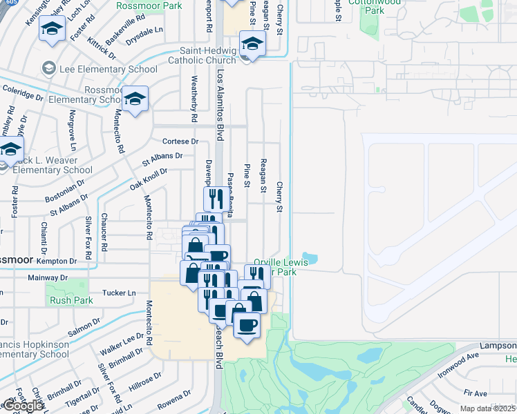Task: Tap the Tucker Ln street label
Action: [x=118, y=293]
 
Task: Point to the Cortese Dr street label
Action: [x=180, y=141]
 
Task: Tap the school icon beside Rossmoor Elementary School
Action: [x=136, y=99]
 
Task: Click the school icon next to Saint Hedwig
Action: [x=254, y=46]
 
